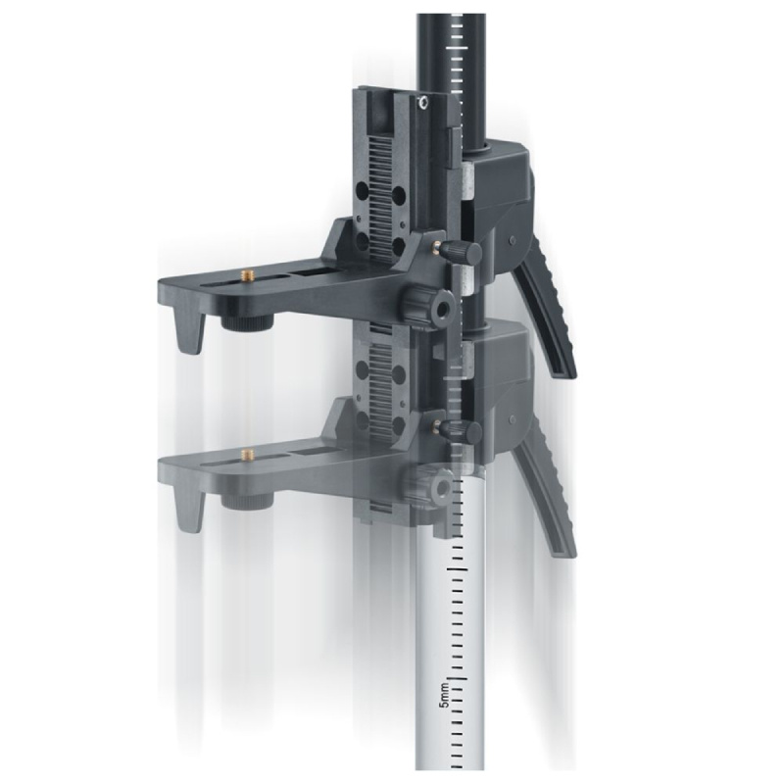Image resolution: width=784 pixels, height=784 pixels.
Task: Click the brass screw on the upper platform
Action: (x=247, y=274)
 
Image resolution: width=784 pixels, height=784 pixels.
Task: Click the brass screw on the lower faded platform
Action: (x=247, y=454)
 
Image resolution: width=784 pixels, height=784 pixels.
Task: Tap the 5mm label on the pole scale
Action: (x=444, y=695)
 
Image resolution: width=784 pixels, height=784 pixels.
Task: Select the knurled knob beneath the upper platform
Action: (x=249, y=323)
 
